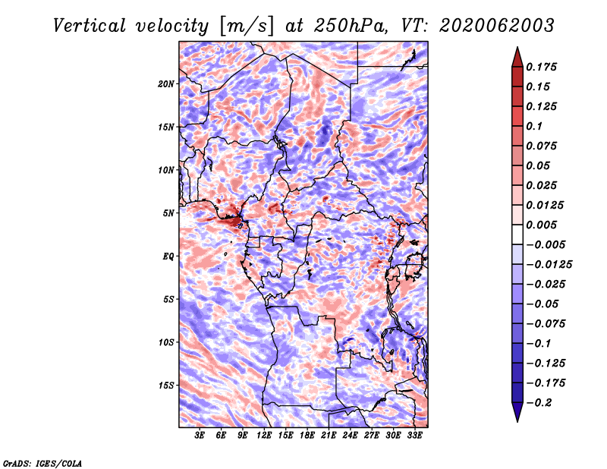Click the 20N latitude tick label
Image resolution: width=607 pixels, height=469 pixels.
point(165,84)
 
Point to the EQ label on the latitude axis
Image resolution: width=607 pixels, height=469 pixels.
point(168,257)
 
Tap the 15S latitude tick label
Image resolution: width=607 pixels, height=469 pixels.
point(165,386)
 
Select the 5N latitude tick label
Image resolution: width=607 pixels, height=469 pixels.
point(168,213)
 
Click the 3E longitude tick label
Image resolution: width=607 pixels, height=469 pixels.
point(200,435)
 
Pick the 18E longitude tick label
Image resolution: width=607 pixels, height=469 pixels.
point(307,435)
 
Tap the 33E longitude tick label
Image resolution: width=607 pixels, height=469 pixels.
point(414,435)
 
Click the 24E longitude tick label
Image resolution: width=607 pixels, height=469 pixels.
point(350,435)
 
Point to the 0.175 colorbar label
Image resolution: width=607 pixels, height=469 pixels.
point(541,67)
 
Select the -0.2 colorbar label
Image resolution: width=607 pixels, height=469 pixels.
point(539,403)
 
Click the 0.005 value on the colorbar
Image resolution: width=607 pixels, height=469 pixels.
point(541,225)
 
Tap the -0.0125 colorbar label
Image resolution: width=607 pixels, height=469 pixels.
point(549,265)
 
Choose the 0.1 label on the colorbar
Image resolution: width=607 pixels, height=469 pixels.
point(534,126)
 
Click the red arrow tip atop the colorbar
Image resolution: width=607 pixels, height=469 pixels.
point(517,47)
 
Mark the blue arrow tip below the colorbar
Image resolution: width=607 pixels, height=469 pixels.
point(517,421)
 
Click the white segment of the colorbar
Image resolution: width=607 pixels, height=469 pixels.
point(517,234)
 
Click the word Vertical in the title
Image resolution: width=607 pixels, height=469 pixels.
point(90,26)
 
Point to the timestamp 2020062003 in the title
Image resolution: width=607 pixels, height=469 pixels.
point(497,26)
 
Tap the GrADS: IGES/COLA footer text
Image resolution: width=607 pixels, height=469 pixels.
point(42,463)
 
